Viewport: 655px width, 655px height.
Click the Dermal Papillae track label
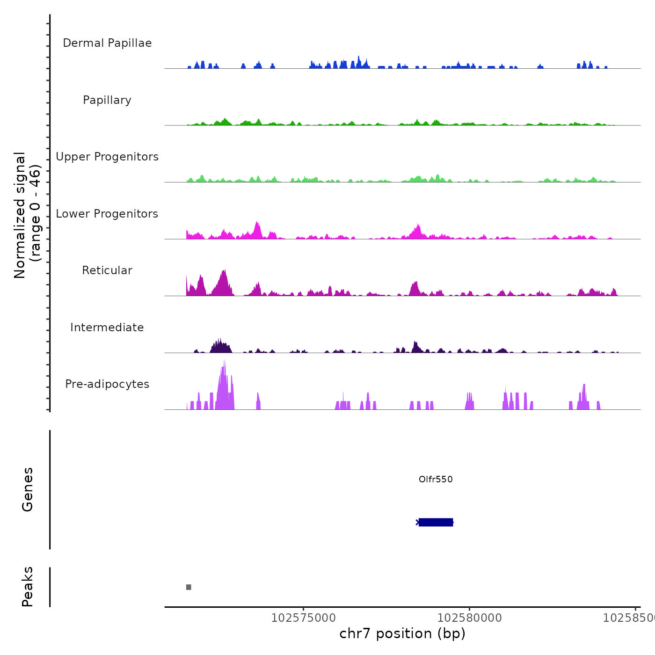tap(107, 43)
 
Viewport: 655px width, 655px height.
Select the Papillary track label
tap(107, 100)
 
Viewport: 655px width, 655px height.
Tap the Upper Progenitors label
tap(107, 157)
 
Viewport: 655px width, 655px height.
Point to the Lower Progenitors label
tap(107, 214)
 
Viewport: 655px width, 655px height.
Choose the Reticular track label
tap(107, 270)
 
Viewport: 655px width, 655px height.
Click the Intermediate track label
tap(107, 327)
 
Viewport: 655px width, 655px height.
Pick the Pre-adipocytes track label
tap(107, 384)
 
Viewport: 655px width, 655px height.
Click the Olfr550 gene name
tap(436, 479)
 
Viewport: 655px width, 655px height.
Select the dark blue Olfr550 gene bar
tap(436, 522)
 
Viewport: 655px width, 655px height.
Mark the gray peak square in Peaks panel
tap(189, 587)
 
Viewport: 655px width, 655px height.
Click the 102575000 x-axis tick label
tap(303, 618)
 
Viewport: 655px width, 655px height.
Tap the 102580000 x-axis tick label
tap(469, 618)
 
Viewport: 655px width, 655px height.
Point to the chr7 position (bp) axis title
tap(402, 633)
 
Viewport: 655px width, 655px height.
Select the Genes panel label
tap(28, 489)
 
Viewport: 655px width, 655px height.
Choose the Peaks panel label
tap(28, 587)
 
